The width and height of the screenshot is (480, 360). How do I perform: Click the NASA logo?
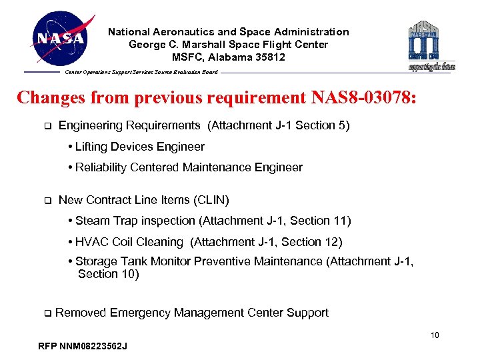(x=61, y=39)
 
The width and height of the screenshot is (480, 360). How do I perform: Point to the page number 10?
(x=434, y=335)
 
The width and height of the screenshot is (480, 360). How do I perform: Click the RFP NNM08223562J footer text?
(x=83, y=346)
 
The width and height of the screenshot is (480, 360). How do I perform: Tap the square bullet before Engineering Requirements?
(x=47, y=125)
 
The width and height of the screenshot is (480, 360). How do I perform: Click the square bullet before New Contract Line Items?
(x=47, y=200)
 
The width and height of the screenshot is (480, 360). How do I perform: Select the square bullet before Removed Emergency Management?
(x=47, y=313)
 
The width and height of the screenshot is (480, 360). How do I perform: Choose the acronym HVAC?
(x=92, y=242)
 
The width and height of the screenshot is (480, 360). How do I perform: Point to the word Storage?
(x=95, y=262)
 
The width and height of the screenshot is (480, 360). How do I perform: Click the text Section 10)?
(x=108, y=274)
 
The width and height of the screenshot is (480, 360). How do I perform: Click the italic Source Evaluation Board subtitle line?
(x=141, y=72)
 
